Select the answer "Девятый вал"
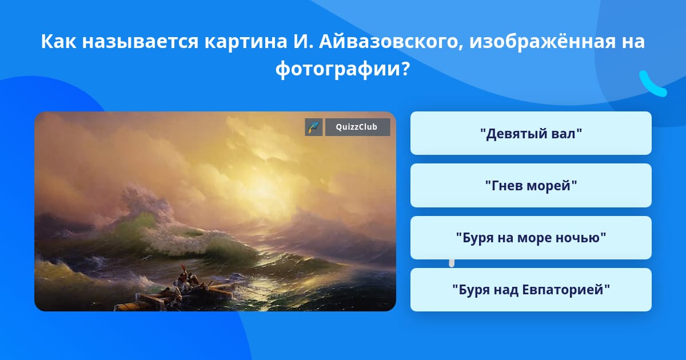click(531, 133)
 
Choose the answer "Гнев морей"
click(531, 186)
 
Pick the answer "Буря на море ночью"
click(531, 238)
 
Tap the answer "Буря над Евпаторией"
click(531, 290)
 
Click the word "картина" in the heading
click(246, 42)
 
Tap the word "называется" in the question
click(140, 42)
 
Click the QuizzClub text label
click(357, 127)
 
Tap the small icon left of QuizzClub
click(314, 127)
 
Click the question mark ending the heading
click(405, 68)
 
